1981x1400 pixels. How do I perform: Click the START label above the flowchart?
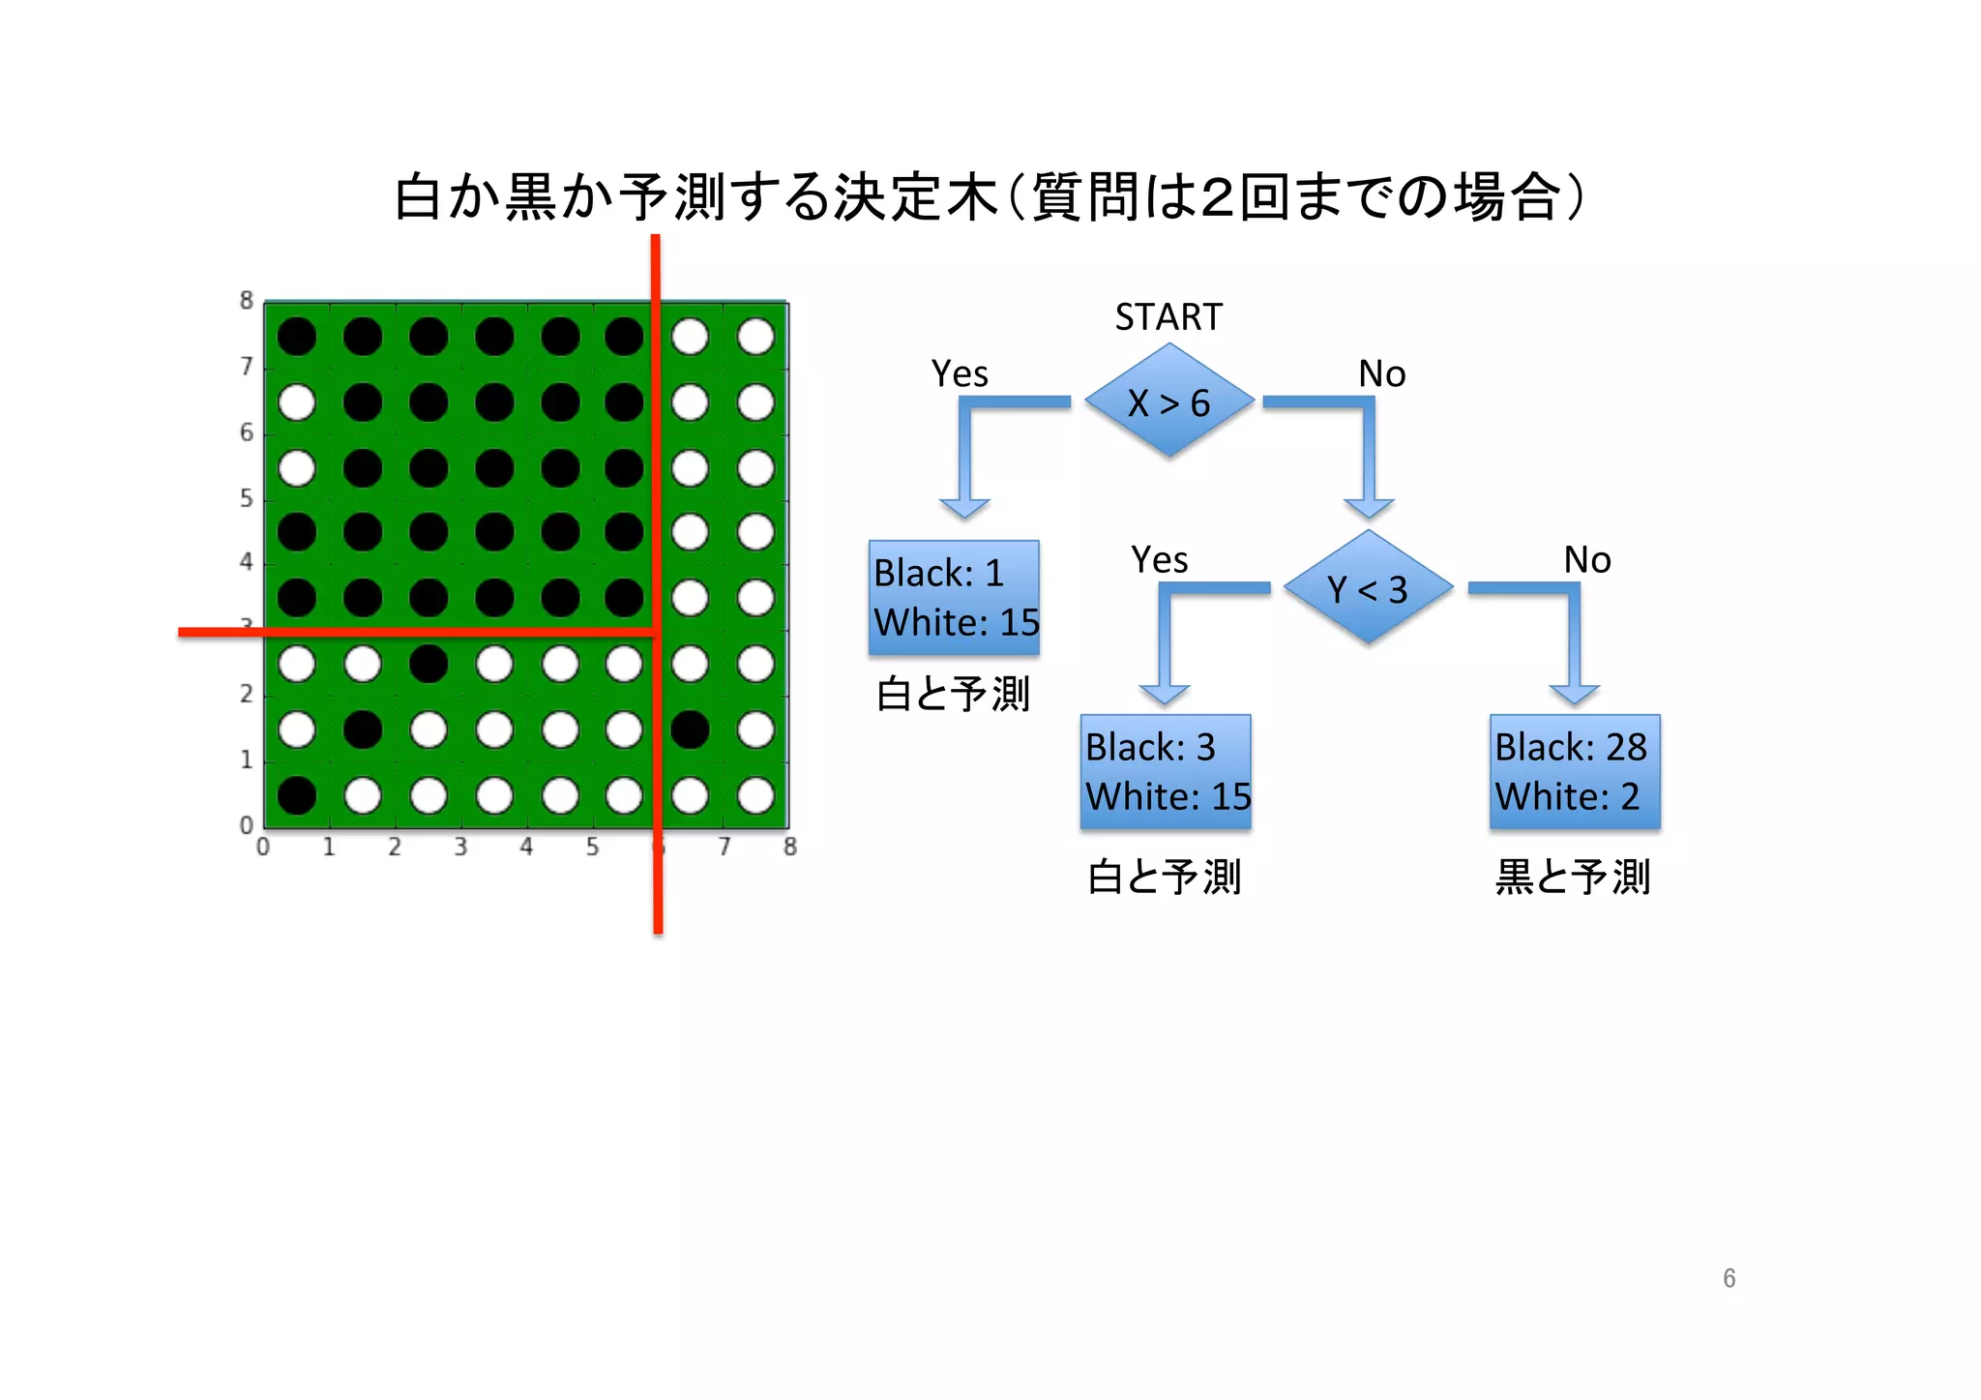(1168, 317)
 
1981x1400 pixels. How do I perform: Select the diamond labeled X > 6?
(1168, 402)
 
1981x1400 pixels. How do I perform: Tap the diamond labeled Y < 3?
(1368, 587)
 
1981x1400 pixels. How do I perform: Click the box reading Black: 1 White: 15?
(954, 598)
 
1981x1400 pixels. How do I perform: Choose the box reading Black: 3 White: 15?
(1166, 772)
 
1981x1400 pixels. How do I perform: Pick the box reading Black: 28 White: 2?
(1575, 772)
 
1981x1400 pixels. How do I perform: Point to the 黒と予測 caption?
(1573, 877)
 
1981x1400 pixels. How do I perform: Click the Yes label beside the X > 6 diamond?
(960, 373)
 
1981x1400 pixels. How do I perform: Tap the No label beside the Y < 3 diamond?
(1587, 560)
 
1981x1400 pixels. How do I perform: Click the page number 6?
(1729, 1278)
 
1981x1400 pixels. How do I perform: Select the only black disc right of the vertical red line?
(690, 730)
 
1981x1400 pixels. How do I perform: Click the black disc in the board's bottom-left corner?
(297, 795)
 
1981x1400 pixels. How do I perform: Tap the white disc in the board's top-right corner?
(755, 337)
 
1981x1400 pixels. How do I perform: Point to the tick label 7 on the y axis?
(247, 366)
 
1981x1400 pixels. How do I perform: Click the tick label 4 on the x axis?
(526, 848)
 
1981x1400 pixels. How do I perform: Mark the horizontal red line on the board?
(416, 632)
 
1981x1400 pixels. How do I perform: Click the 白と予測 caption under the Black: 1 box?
(954, 695)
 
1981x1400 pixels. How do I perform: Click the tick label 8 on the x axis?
(790, 848)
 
